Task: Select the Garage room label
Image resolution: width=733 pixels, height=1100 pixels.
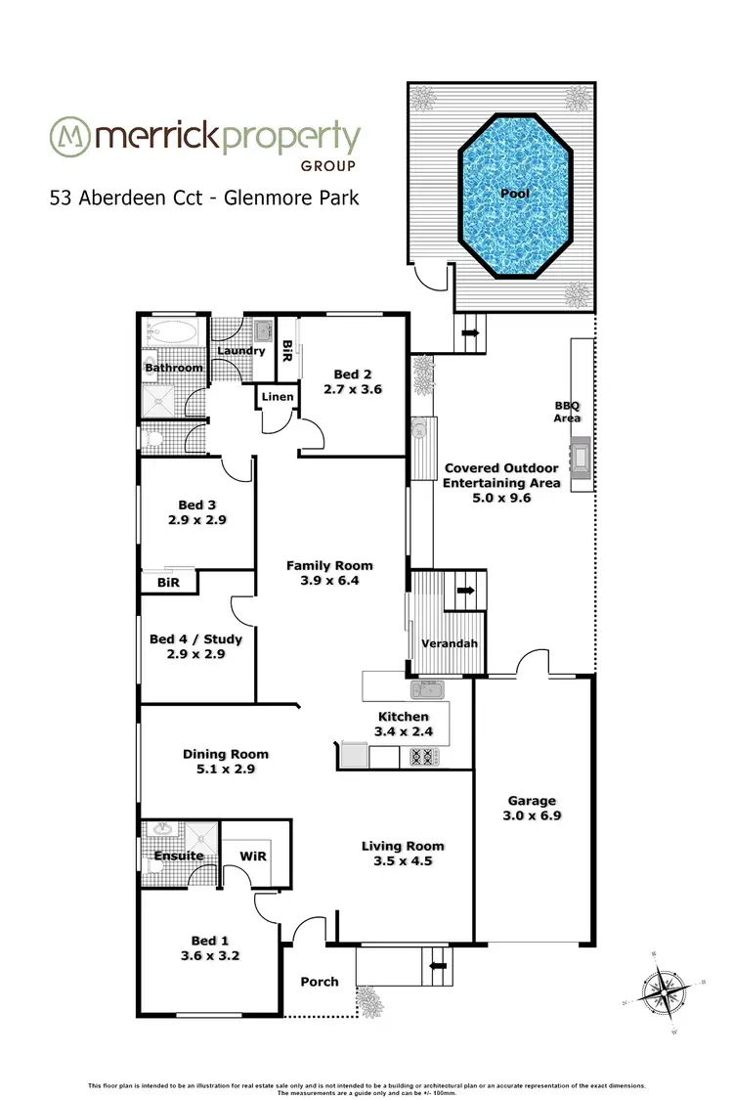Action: [x=531, y=800]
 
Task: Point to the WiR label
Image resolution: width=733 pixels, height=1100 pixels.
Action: [x=253, y=856]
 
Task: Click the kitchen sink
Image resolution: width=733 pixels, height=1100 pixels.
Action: [x=427, y=690]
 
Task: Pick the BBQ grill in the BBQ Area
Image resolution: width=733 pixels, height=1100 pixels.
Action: [x=582, y=457]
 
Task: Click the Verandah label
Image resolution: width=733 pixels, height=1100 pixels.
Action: [x=449, y=643]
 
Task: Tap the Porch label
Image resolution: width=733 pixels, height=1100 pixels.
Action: [x=320, y=981]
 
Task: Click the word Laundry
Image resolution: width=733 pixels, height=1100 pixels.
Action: [x=240, y=350]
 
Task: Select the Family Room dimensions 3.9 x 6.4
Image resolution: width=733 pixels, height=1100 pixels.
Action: [x=328, y=581]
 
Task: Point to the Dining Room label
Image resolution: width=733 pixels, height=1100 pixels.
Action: [x=226, y=754]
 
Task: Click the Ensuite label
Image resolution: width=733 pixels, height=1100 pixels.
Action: [x=179, y=856]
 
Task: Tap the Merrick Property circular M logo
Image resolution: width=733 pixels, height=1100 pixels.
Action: [x=69, y=138]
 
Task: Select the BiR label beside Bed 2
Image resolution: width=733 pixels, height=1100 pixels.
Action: [x=287, y=348]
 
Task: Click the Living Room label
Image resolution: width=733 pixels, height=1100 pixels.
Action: [x=403, y=846]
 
